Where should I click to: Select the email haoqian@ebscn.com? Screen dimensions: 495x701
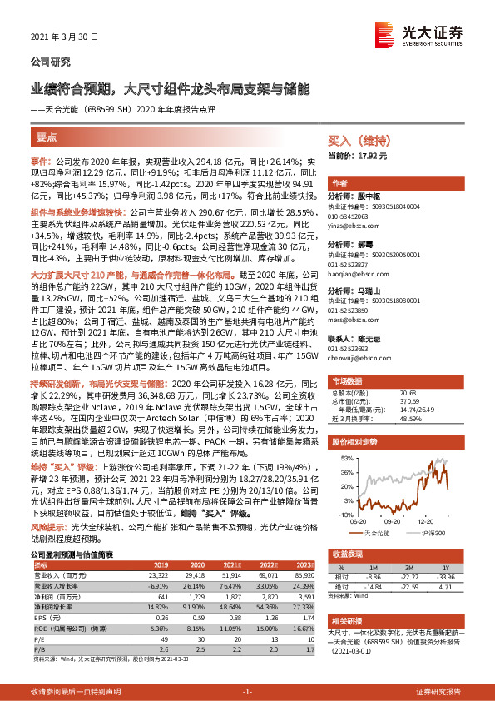pyautogui.click(x=359, y=271)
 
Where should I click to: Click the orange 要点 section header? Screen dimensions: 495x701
pyautogui.click(x=49, y=138)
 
